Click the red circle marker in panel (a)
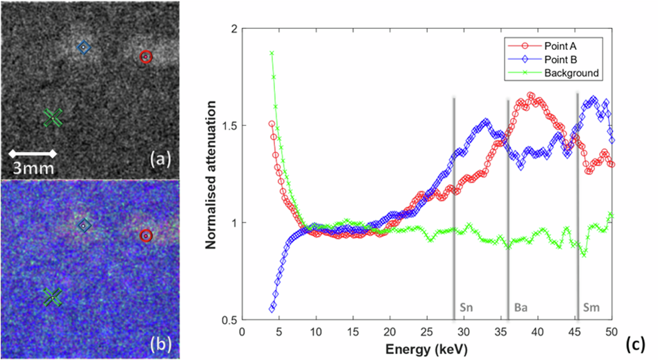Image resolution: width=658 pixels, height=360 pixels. pos(146,57)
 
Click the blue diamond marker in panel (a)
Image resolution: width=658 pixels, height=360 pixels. pos(84,47)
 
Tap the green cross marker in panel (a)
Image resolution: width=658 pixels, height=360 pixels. pos(53,117)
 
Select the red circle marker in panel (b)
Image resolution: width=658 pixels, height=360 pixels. pos(146,236)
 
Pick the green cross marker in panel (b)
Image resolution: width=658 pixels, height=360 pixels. pos(53,297)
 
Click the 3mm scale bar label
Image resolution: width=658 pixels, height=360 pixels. pos(33,168)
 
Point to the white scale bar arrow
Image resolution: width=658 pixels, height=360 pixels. pos(33,153)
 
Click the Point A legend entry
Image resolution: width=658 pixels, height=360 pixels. pos(560,46)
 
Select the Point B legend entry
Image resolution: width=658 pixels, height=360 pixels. pos(560,60)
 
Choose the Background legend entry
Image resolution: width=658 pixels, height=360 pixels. pos(571,73)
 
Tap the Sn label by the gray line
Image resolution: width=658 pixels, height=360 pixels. pos(466,307)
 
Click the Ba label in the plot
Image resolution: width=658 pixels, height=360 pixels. pos(520,307)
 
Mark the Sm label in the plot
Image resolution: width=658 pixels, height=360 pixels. pos(591,307)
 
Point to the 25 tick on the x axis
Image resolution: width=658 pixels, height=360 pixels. pos(427,332)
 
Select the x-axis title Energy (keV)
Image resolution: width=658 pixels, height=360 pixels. pos(426,349)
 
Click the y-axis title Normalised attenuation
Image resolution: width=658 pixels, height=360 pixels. pos(211,174)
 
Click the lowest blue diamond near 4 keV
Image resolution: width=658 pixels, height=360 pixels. pos(272,309)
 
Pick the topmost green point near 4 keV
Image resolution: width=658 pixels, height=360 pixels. pos(272,53)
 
